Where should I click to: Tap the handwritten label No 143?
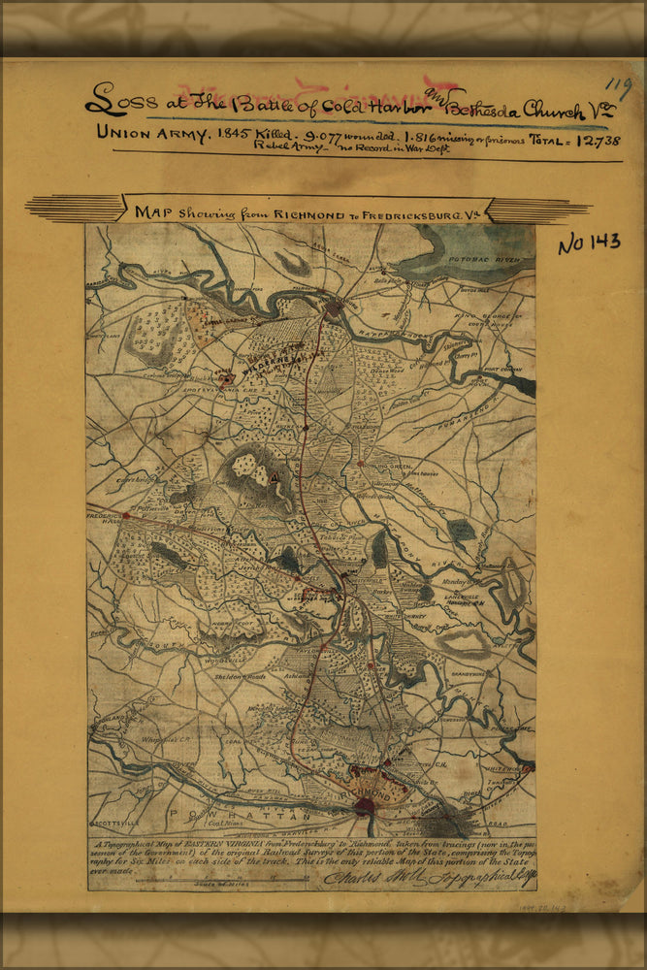pyautogui.click(x=588, y=242)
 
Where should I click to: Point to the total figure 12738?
pyautogui.click(x=591, y=140)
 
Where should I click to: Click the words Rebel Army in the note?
pyautogui.click(x=288, y=150)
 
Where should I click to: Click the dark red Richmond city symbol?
pyautogui.click(x=365, y=804)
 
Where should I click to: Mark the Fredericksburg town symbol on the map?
pyautogui.click(x=335, y=308)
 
